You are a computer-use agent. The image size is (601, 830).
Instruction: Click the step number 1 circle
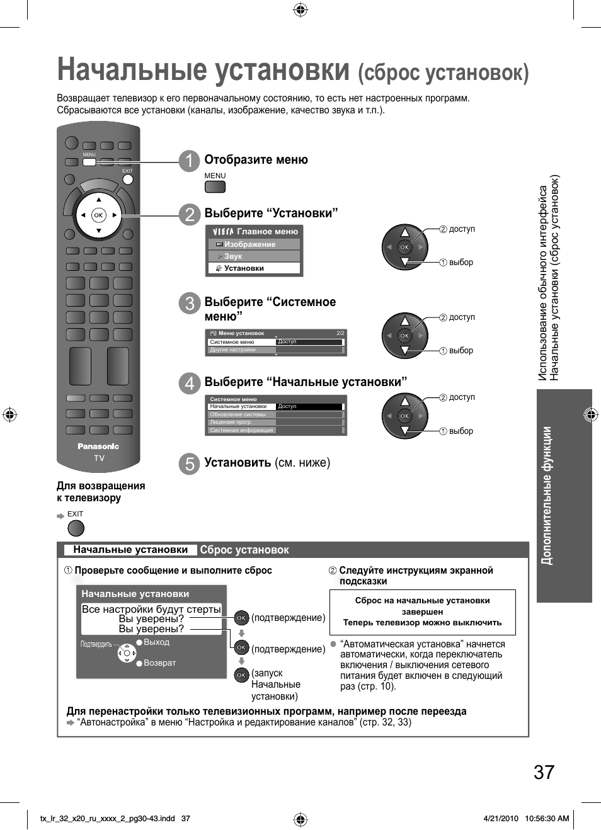click(189, 161)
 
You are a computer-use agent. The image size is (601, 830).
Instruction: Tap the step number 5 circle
click(189, 463)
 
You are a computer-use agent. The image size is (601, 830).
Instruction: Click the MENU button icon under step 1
click(215, 186)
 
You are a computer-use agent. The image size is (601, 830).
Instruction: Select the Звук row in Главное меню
click(255, 256)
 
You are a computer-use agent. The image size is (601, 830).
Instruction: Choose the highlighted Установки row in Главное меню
click(255, 268)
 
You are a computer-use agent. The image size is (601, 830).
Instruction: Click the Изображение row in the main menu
click(255, 244)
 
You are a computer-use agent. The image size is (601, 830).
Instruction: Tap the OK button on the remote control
click(98, 215)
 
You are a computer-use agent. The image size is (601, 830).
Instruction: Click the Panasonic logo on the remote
click(98, 446)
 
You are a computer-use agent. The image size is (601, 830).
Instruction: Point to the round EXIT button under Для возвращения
click(76, 528)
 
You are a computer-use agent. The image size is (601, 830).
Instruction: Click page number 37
click(544, 772)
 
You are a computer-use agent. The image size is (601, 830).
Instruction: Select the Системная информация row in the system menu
click(242, 430)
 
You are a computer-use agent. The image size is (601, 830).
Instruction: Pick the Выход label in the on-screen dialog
click(156, 642)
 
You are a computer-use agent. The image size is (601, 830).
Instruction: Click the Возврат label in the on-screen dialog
click(159, 663)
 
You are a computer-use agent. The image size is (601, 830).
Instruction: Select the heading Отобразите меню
click(256, 160)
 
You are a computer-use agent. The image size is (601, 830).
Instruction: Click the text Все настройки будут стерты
click(151, 609)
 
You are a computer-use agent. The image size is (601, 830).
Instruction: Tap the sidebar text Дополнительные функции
click(547, 496)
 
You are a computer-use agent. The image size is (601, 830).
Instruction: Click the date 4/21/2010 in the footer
click(500, 819)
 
